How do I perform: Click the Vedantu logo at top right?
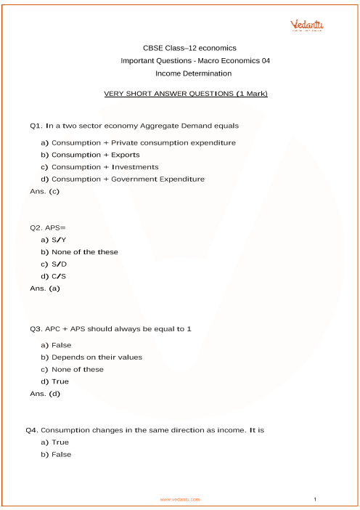point(307,27)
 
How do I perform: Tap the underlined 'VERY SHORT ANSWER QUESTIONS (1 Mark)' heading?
point(187,94)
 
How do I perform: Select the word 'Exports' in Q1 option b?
point(126,155)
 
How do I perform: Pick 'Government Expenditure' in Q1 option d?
point(157,179)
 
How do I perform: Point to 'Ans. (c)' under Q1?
point(44,191)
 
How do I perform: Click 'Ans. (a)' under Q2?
point(45,288)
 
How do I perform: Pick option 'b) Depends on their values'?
point(91,357)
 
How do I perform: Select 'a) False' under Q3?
point(56,345)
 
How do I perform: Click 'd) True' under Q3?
point(55,381)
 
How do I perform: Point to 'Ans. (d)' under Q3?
point(45,394)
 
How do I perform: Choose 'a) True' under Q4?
point(55,442)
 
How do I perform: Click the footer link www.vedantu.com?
point(180,500)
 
